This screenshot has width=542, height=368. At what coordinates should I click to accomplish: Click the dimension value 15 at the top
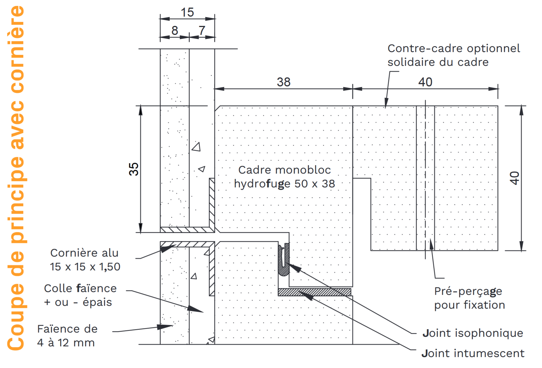pyautogui.click(x=187, y=12)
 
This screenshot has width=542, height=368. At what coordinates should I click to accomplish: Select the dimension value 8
pyautogui.click(x=175, y=30)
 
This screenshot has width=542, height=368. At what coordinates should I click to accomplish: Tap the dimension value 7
pyautogui.click(x=202, y=30)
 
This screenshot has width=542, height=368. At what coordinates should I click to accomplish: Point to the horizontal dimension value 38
pyautogui.click(x=283, y=82)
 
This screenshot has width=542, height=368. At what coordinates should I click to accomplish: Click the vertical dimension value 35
pyautogui.click(x=134, y=169)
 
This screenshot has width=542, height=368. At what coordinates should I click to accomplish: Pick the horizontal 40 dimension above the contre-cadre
pyautogui.click(x=425, y=82)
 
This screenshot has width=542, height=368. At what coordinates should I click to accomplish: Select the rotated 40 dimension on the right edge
pyautogui.click(x=515, y=178)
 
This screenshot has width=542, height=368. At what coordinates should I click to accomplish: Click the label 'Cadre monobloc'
pyautogui.click(x=285, y=170)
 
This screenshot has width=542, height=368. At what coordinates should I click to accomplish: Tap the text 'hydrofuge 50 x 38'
pyautogui.click(x=285, y=184)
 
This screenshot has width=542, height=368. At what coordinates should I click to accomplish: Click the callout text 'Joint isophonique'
pyautogui.click(x=473, y=333)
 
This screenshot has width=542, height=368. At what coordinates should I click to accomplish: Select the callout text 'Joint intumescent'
pyautogui.click(x=473, y=353)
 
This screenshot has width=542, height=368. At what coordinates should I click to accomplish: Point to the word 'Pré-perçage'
pyautogui.click(x=468, y=291)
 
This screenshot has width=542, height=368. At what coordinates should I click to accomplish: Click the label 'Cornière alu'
pyautogui.click(x=84, y=253)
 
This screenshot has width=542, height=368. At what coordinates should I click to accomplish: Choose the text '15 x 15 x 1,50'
pyautogui.click(x=85, y=267)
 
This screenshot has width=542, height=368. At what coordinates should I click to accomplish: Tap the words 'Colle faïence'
pyautogui.click(x=80, y=288)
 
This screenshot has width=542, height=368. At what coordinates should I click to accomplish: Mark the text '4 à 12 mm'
pyautogui.click(x=66, y=343)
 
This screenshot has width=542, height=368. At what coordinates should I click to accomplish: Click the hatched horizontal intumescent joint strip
pyautogui.click(x=314, y=292)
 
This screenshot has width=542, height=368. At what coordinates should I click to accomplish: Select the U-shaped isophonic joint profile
pyautogui.click(x=284, y=260)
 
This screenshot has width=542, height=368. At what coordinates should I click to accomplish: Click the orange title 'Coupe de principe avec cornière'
pyautogui.click(x=16, y=178)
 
